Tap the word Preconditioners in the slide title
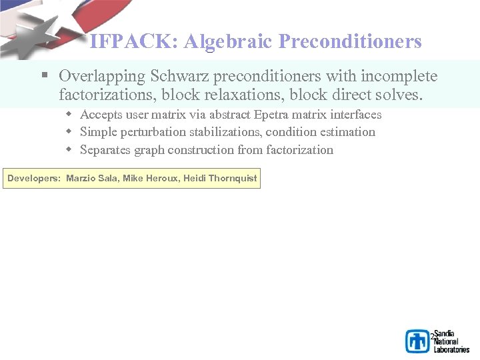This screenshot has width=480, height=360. [351, 42]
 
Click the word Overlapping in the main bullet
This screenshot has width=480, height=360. [98, 77]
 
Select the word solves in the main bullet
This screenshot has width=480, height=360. [400, 95]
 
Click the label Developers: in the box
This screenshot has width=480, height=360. [34, 179]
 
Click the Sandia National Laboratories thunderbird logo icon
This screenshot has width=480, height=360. [418, 341]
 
